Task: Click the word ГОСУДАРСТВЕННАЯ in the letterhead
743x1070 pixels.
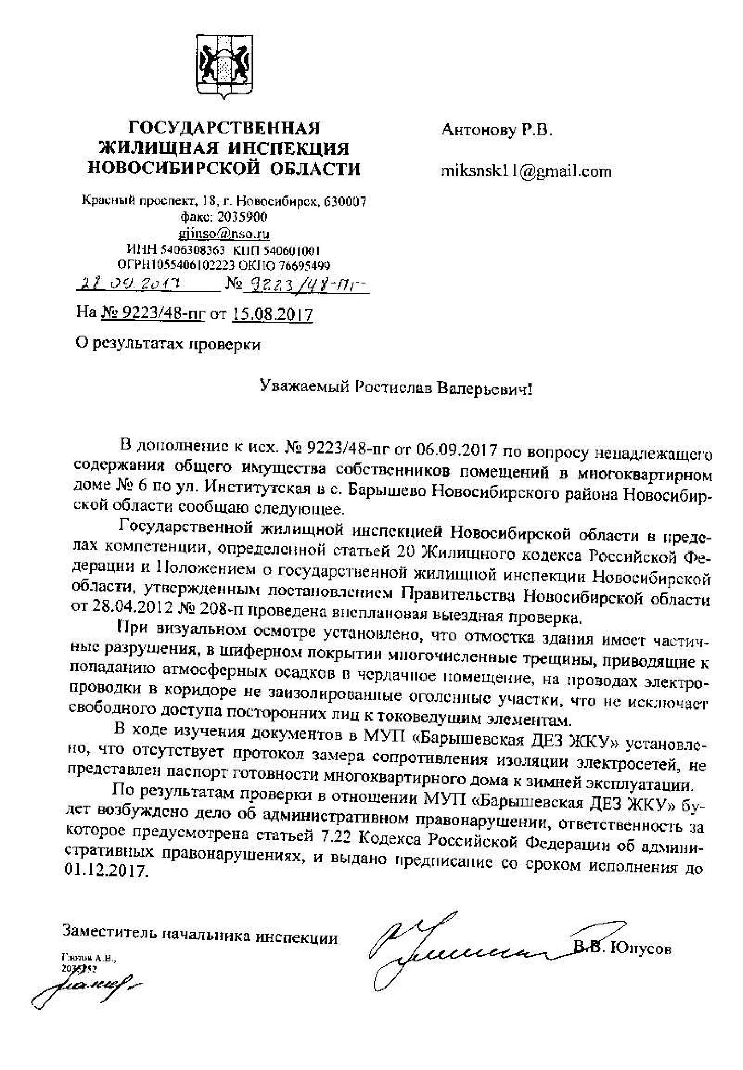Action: pyautogui.click(x=224, y=128)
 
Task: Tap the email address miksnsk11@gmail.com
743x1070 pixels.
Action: pyautogui.click(x=526, y=172)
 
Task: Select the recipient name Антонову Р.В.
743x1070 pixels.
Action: pyautogui.click(x=497, y=130)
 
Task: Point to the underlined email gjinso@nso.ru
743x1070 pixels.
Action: pyautogui.click(x=224, y=233)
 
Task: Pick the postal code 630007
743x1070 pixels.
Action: pyautogui.click(x=344, y=202)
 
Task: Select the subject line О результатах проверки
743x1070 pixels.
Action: pyautogui.click(x=169, y=345)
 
